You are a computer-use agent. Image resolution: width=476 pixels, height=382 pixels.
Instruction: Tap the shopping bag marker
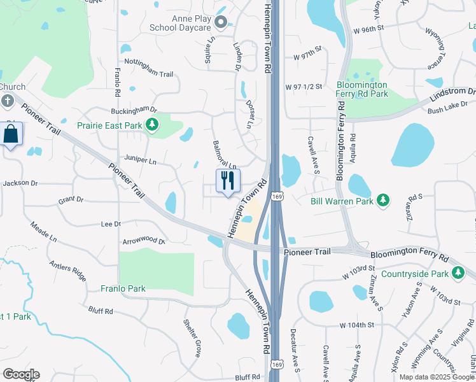(11, 134)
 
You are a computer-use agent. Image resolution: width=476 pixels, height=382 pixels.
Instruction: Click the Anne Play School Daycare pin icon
(221, 24)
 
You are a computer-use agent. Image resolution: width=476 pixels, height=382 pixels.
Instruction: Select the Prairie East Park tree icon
(152, 125)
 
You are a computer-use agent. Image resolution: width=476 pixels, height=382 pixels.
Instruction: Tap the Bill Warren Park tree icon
(382, 201)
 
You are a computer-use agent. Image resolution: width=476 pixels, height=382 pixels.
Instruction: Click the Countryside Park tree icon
(458, 274)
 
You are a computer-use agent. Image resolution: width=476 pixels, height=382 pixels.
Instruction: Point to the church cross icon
(7, 101)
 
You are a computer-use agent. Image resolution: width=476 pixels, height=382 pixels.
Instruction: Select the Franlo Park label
(123, 288)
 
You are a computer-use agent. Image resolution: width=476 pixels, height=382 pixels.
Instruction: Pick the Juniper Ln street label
(141, 162)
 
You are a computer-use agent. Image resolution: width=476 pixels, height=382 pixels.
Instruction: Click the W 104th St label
(357, 325)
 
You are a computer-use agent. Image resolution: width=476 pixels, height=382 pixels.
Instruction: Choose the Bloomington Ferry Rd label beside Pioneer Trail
(409, 256)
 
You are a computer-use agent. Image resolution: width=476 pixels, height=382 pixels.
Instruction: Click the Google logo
(21, 374)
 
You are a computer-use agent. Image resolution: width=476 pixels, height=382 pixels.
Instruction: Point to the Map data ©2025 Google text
(437, 377)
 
